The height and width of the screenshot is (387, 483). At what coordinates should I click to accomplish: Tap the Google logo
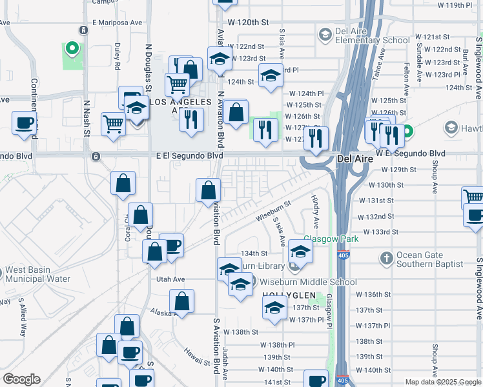(x=21, y=379)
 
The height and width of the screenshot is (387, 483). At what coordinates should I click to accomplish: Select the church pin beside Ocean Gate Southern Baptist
(x=386, y=259)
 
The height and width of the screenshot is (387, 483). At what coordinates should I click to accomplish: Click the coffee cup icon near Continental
(x=25, y=123)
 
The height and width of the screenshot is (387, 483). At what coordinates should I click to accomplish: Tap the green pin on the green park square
(x=72, y=48)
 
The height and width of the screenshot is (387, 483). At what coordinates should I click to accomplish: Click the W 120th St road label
(x=247, y=22)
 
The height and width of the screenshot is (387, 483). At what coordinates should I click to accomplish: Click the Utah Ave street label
(x=170, y=279)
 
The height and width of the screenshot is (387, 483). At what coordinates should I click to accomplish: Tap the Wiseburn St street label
(x=273, y=210)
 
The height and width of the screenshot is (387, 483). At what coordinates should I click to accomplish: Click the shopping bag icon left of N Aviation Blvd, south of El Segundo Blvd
(x=209, y=190)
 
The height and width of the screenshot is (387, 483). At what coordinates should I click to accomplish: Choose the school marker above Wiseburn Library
(x=300, y=250)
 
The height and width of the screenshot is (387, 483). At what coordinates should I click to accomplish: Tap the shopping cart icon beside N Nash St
(x=114, y=123)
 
